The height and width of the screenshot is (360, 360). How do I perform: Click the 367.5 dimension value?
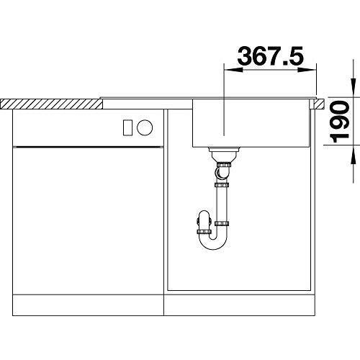[271, 56]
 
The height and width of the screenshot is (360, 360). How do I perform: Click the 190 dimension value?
[339, 122]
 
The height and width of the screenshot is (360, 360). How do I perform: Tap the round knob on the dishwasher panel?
[145, 127]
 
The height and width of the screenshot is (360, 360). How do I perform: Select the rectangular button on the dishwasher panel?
[127, 127]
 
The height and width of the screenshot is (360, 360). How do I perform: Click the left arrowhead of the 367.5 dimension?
[233, 70]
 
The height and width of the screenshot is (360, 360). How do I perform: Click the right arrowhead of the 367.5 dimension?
[307, 70]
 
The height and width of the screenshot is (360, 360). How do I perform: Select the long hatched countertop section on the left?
[52, 104]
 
